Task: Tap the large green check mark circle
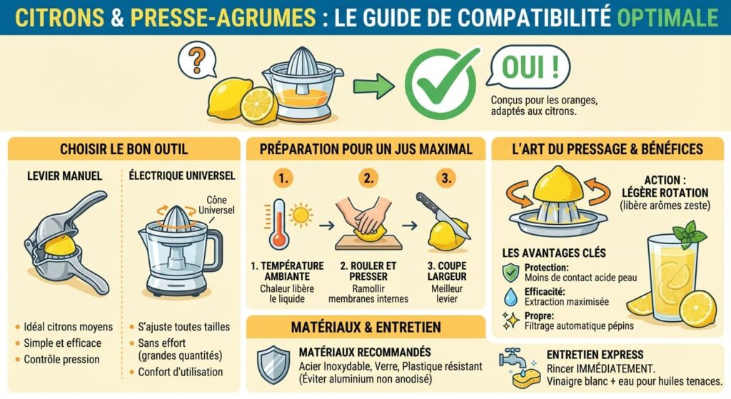click(440, 84)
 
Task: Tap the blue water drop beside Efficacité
click(510, 296)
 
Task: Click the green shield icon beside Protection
click(510, 272)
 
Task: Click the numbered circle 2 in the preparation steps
click(368, 178)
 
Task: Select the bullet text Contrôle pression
click(63, 359)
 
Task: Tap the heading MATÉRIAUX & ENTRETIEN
click(365, 327)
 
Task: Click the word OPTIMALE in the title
click(668, 16)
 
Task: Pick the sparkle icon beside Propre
click(510, 320)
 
